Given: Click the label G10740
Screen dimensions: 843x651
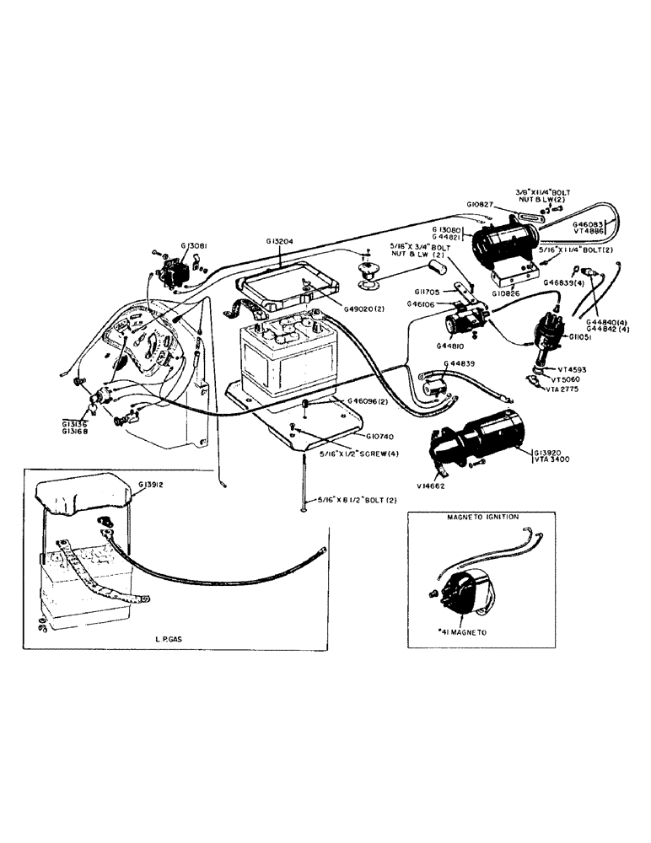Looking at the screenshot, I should [383, 437].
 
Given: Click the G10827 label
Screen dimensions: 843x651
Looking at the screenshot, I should [482, 205].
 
